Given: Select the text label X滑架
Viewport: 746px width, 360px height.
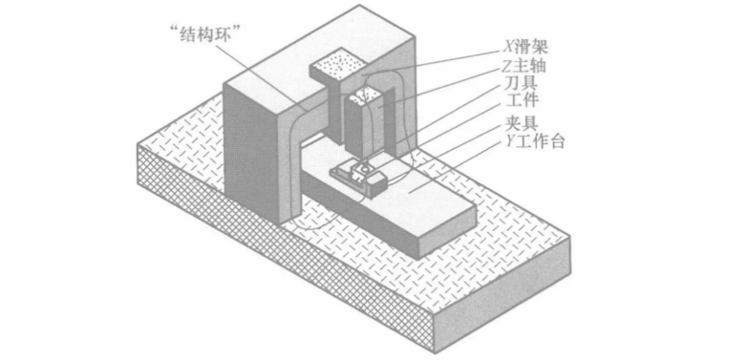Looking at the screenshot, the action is click(x=526, y=47).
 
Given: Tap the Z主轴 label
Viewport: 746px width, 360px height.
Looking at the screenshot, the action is click(x=524, y=66).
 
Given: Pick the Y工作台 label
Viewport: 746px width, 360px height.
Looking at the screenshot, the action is click(x=535, y=140).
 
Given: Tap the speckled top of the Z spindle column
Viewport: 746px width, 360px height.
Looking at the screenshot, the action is click(x=364, y=96).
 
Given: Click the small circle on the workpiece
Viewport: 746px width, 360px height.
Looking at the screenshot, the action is click(x=365, y=167).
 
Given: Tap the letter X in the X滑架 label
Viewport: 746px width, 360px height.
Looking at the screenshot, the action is click(x=509, y=47).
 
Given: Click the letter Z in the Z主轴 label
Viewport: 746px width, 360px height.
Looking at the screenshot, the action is click(x=508, y=66).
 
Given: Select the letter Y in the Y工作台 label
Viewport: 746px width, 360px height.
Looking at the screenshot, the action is click(x=509, y=141).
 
